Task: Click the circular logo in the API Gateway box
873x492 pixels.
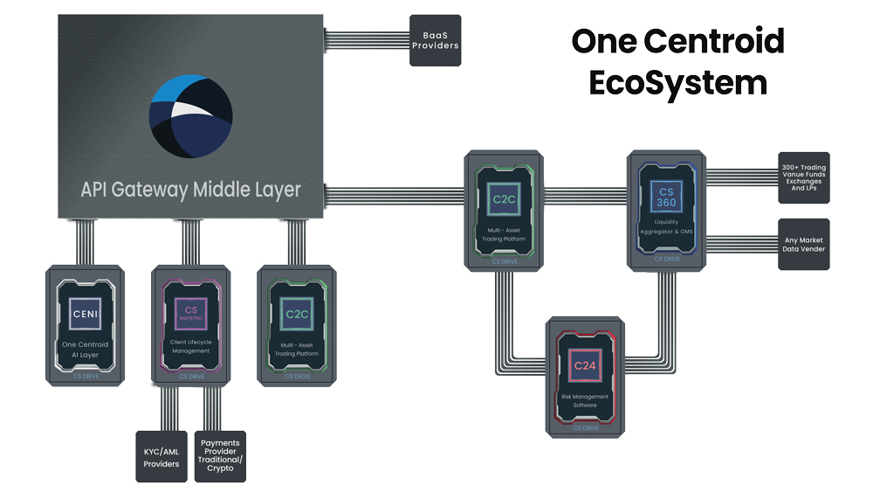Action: [x=190, y=115]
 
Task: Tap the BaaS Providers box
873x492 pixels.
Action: [x=435, y=40]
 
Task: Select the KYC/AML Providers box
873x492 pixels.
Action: [x=162, y=457]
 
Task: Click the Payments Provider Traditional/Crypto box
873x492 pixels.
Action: [x=220, y=456]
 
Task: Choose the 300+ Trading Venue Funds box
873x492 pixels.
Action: [x=804, y=177]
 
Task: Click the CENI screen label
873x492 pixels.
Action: [x=85, y=312]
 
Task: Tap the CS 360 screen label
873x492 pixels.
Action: [x=667, y=197]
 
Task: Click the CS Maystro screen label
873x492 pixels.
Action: [x=190, y=312]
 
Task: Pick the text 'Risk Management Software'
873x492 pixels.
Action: [x=585, y=401]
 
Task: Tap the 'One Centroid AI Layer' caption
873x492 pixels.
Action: [x=85, y=349]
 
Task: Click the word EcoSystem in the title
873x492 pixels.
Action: [x=677, y=82]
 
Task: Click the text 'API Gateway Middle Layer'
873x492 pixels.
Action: [x=190, y=189]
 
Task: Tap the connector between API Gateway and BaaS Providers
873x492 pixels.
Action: [x=366, y=40]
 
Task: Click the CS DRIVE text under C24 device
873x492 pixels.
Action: [x=585, y=428]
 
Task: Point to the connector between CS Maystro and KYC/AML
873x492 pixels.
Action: [x=169, y=406]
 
